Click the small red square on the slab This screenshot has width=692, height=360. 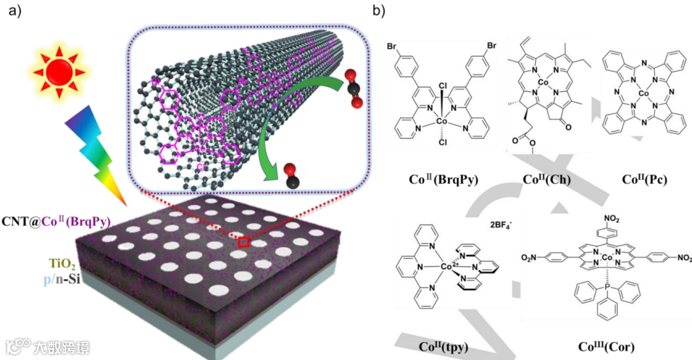243,242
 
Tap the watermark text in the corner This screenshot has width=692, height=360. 48,347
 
